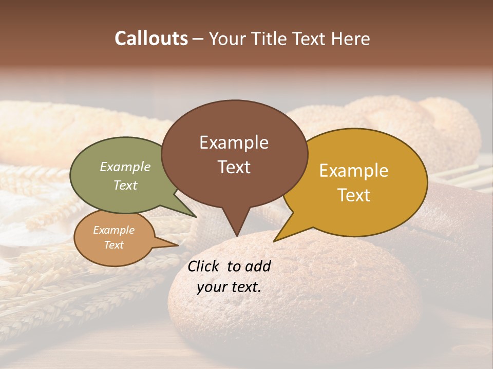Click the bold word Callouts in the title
151,38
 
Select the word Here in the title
351,38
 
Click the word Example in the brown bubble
234,142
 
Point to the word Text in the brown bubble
234,167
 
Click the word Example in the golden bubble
354,171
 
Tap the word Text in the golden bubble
354,195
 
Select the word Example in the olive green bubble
125,167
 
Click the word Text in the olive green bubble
125,185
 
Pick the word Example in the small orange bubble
113,230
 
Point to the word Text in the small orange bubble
113,245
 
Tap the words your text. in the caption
229,287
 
